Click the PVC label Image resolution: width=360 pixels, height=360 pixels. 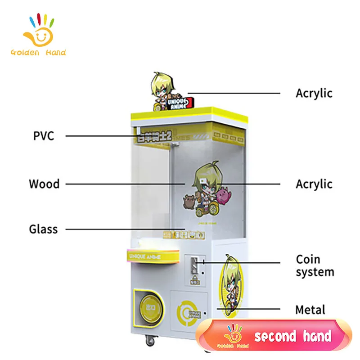(44, 135)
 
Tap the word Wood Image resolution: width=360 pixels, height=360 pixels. (44, 184)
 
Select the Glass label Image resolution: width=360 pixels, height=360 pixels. (44, 229)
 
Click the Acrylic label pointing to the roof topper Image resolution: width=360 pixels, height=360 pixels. (314, 93)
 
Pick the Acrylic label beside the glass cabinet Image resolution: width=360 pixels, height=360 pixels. (314, 184)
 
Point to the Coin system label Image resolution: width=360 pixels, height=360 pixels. (315, 265)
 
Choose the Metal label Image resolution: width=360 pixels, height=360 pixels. (310, 310)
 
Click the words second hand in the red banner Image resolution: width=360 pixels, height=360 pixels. (292, 336)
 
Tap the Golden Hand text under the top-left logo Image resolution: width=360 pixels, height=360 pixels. (38, 53)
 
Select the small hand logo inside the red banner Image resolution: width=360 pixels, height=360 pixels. (233, 335)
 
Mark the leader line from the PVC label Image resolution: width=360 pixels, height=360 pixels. (99, 135)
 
